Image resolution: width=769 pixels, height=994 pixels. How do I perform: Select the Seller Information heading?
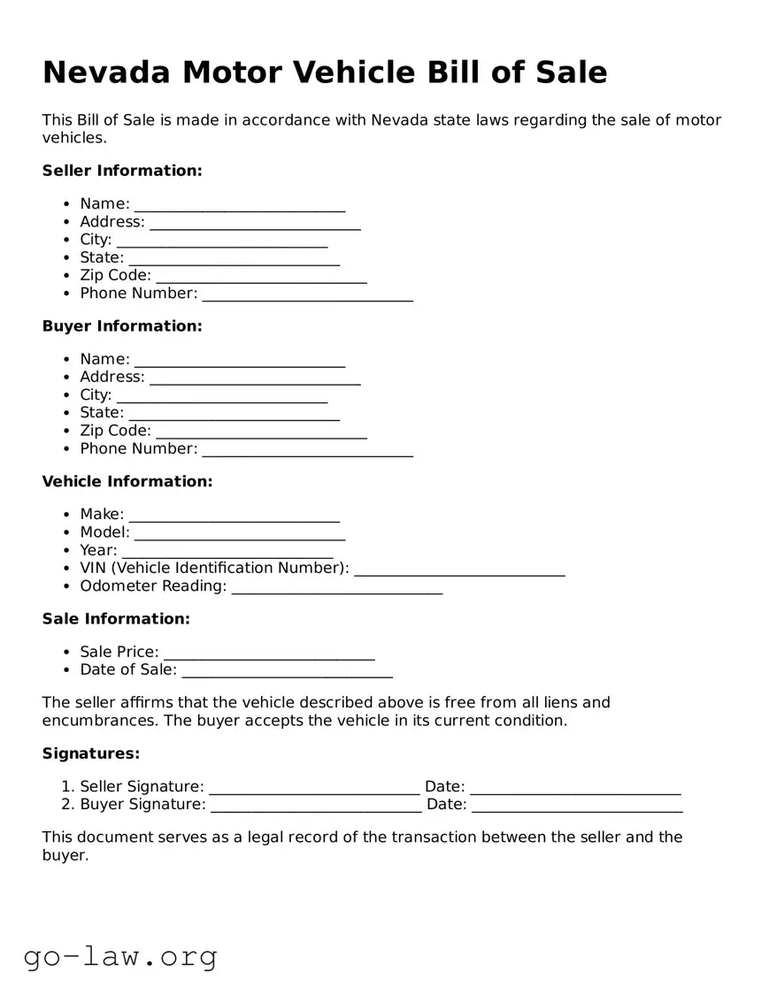pos(122,171)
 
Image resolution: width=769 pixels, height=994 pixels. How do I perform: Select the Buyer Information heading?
pos(122,326)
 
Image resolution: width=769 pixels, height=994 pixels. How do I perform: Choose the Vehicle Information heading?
pos(127,482)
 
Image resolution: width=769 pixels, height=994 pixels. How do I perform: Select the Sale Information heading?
pos(116,619)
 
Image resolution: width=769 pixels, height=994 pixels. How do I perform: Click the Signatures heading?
pos(91,754)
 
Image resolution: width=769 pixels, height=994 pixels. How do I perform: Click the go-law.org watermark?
pos(120,956)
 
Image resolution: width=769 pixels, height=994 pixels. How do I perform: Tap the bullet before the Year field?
pos(67,551)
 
